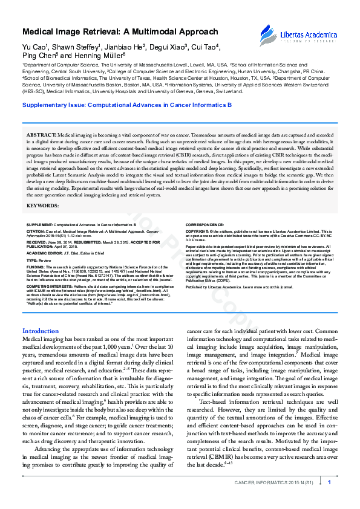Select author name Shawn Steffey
pyautogui.click(x=76, y=47)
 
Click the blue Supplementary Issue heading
pyautogui.click(x=118, y=105)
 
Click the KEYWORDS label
pyautogui.click(x=43, y=206)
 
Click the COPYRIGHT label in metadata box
pyautogui.click(x=197, y=231)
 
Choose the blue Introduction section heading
pyautogui.click(x=40, y=331)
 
